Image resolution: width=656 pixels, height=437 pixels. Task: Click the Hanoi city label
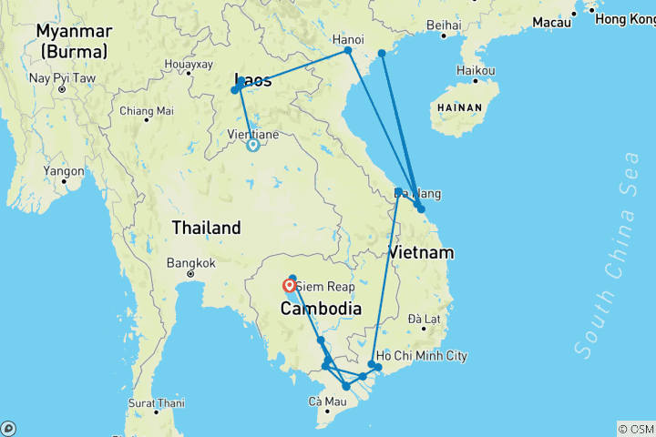348,39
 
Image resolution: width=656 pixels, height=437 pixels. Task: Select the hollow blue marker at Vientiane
253,144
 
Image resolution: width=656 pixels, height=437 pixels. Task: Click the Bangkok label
190,263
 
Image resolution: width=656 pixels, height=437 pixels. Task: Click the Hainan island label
458,107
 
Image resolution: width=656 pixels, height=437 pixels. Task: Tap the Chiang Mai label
146,111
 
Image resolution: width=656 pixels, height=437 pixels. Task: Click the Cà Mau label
328,401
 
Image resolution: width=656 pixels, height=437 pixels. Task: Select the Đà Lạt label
425,319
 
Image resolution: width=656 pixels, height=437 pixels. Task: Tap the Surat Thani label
157,402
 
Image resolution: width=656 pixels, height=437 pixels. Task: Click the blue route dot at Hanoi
348,51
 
